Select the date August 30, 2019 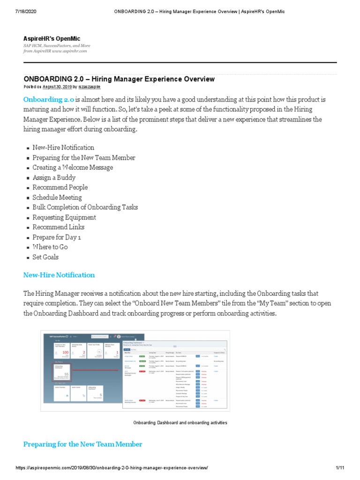pyautogui.click(x=58, y=87)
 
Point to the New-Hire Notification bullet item pyautogui.click(x=63, y=148)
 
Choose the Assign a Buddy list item pyautogui.click(x=54, y=178)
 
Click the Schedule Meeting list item pyautogui.click(x=57, y=197)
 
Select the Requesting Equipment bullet pyautogui.click(x=64, y=217)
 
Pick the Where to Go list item pyautogui.click(x=50, y=247)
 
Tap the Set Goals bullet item pyautogui.click(x=45, y=257)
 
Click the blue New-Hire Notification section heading pyautogui.click(x=59, y=275)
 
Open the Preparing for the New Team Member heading pyautogui.click(x=83, y=444)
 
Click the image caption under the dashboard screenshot pyautogui.click(x=180, y=423)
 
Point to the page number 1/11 pyautogui.click(x=340, y=468)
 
